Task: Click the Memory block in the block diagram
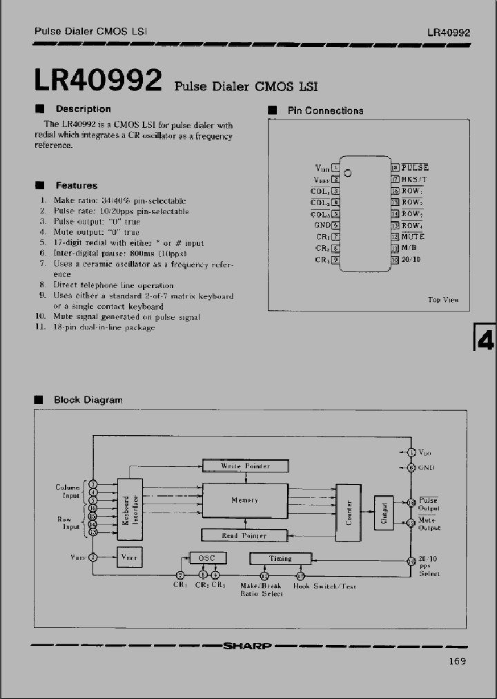(245, 500)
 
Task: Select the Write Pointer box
(245, 466)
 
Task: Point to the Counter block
(350, 512)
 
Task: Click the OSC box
(207, 558)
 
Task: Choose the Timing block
(280, 558)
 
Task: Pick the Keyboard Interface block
(130, 509)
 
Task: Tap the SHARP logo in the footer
(247, 647)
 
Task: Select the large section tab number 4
(486, 340)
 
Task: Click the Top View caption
(443, 300)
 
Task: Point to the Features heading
(76, 186)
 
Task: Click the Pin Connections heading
(325, 111)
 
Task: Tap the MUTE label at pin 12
(413, 236)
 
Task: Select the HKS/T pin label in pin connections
(414, 179)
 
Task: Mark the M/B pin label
(409, 247)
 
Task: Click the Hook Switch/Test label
(324, 586)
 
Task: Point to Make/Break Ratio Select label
(261, 590)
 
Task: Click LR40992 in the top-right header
(449, 32)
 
